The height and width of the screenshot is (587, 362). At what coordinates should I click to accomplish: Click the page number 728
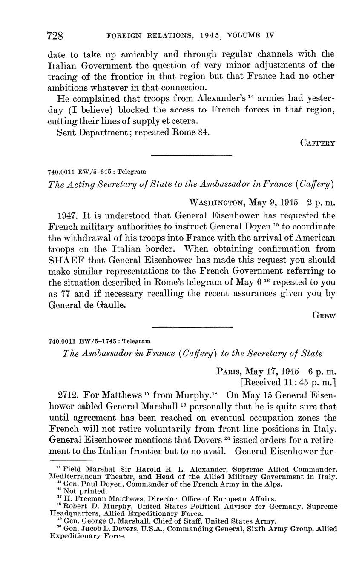55,36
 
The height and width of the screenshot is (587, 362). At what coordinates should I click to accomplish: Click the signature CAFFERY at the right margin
318,143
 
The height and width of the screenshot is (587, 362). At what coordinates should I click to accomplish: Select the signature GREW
324,315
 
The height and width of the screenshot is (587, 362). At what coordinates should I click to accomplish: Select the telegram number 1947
66,216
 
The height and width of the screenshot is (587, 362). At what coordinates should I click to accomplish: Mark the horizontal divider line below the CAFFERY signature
191,155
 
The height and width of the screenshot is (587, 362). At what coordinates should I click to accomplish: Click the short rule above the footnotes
71,461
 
